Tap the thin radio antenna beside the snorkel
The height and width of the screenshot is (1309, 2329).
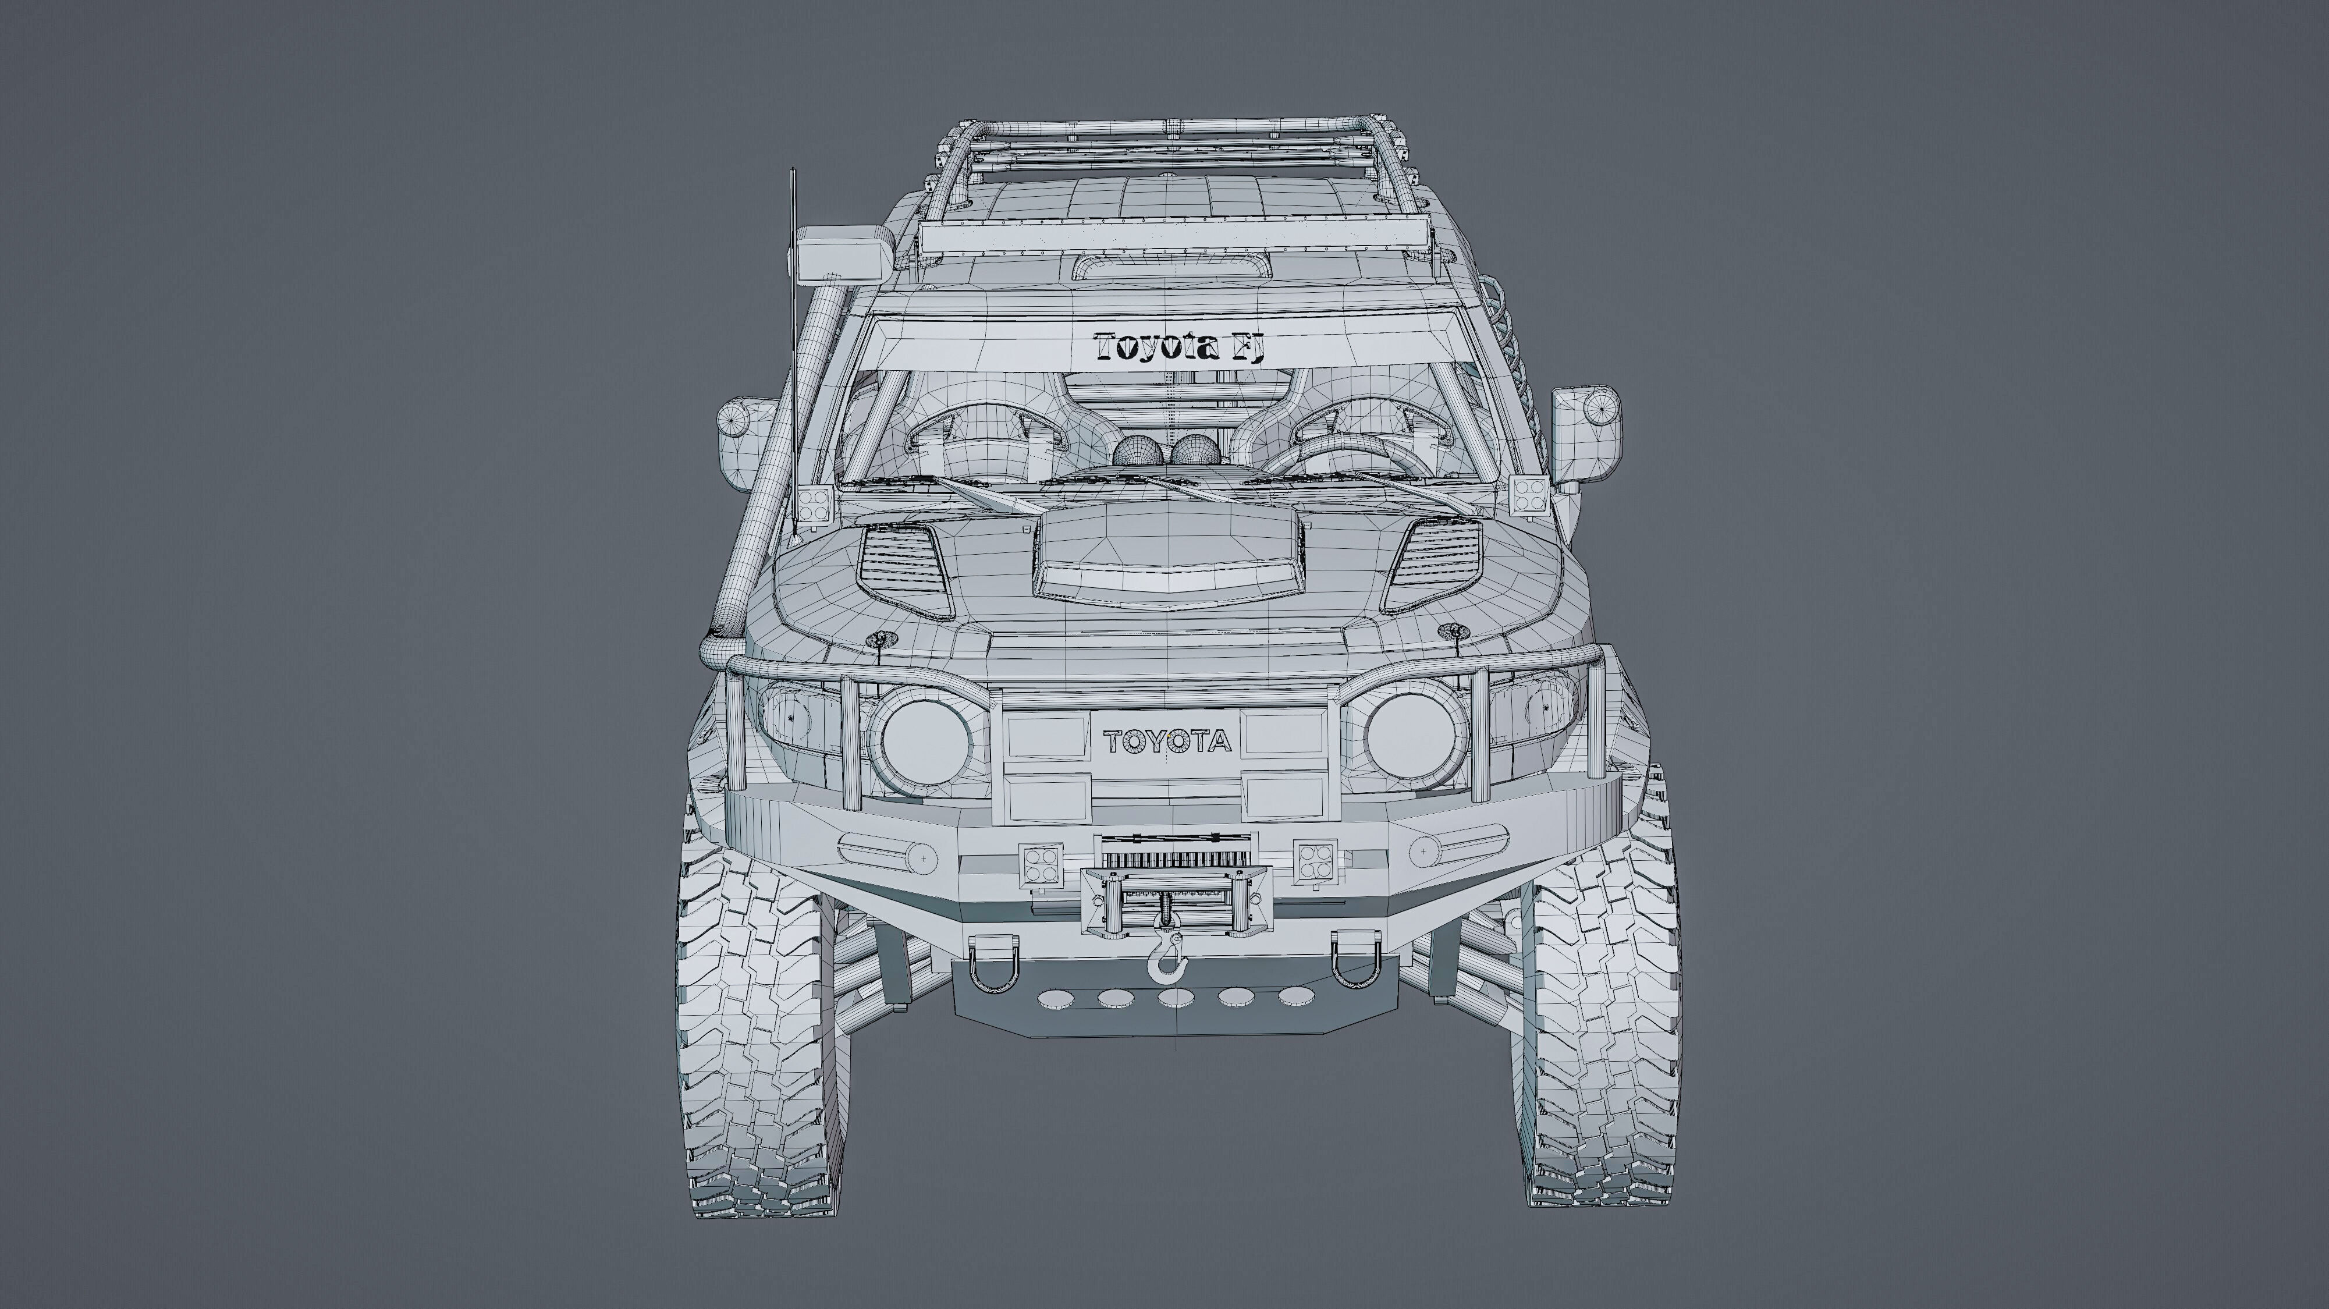pos(794,343)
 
